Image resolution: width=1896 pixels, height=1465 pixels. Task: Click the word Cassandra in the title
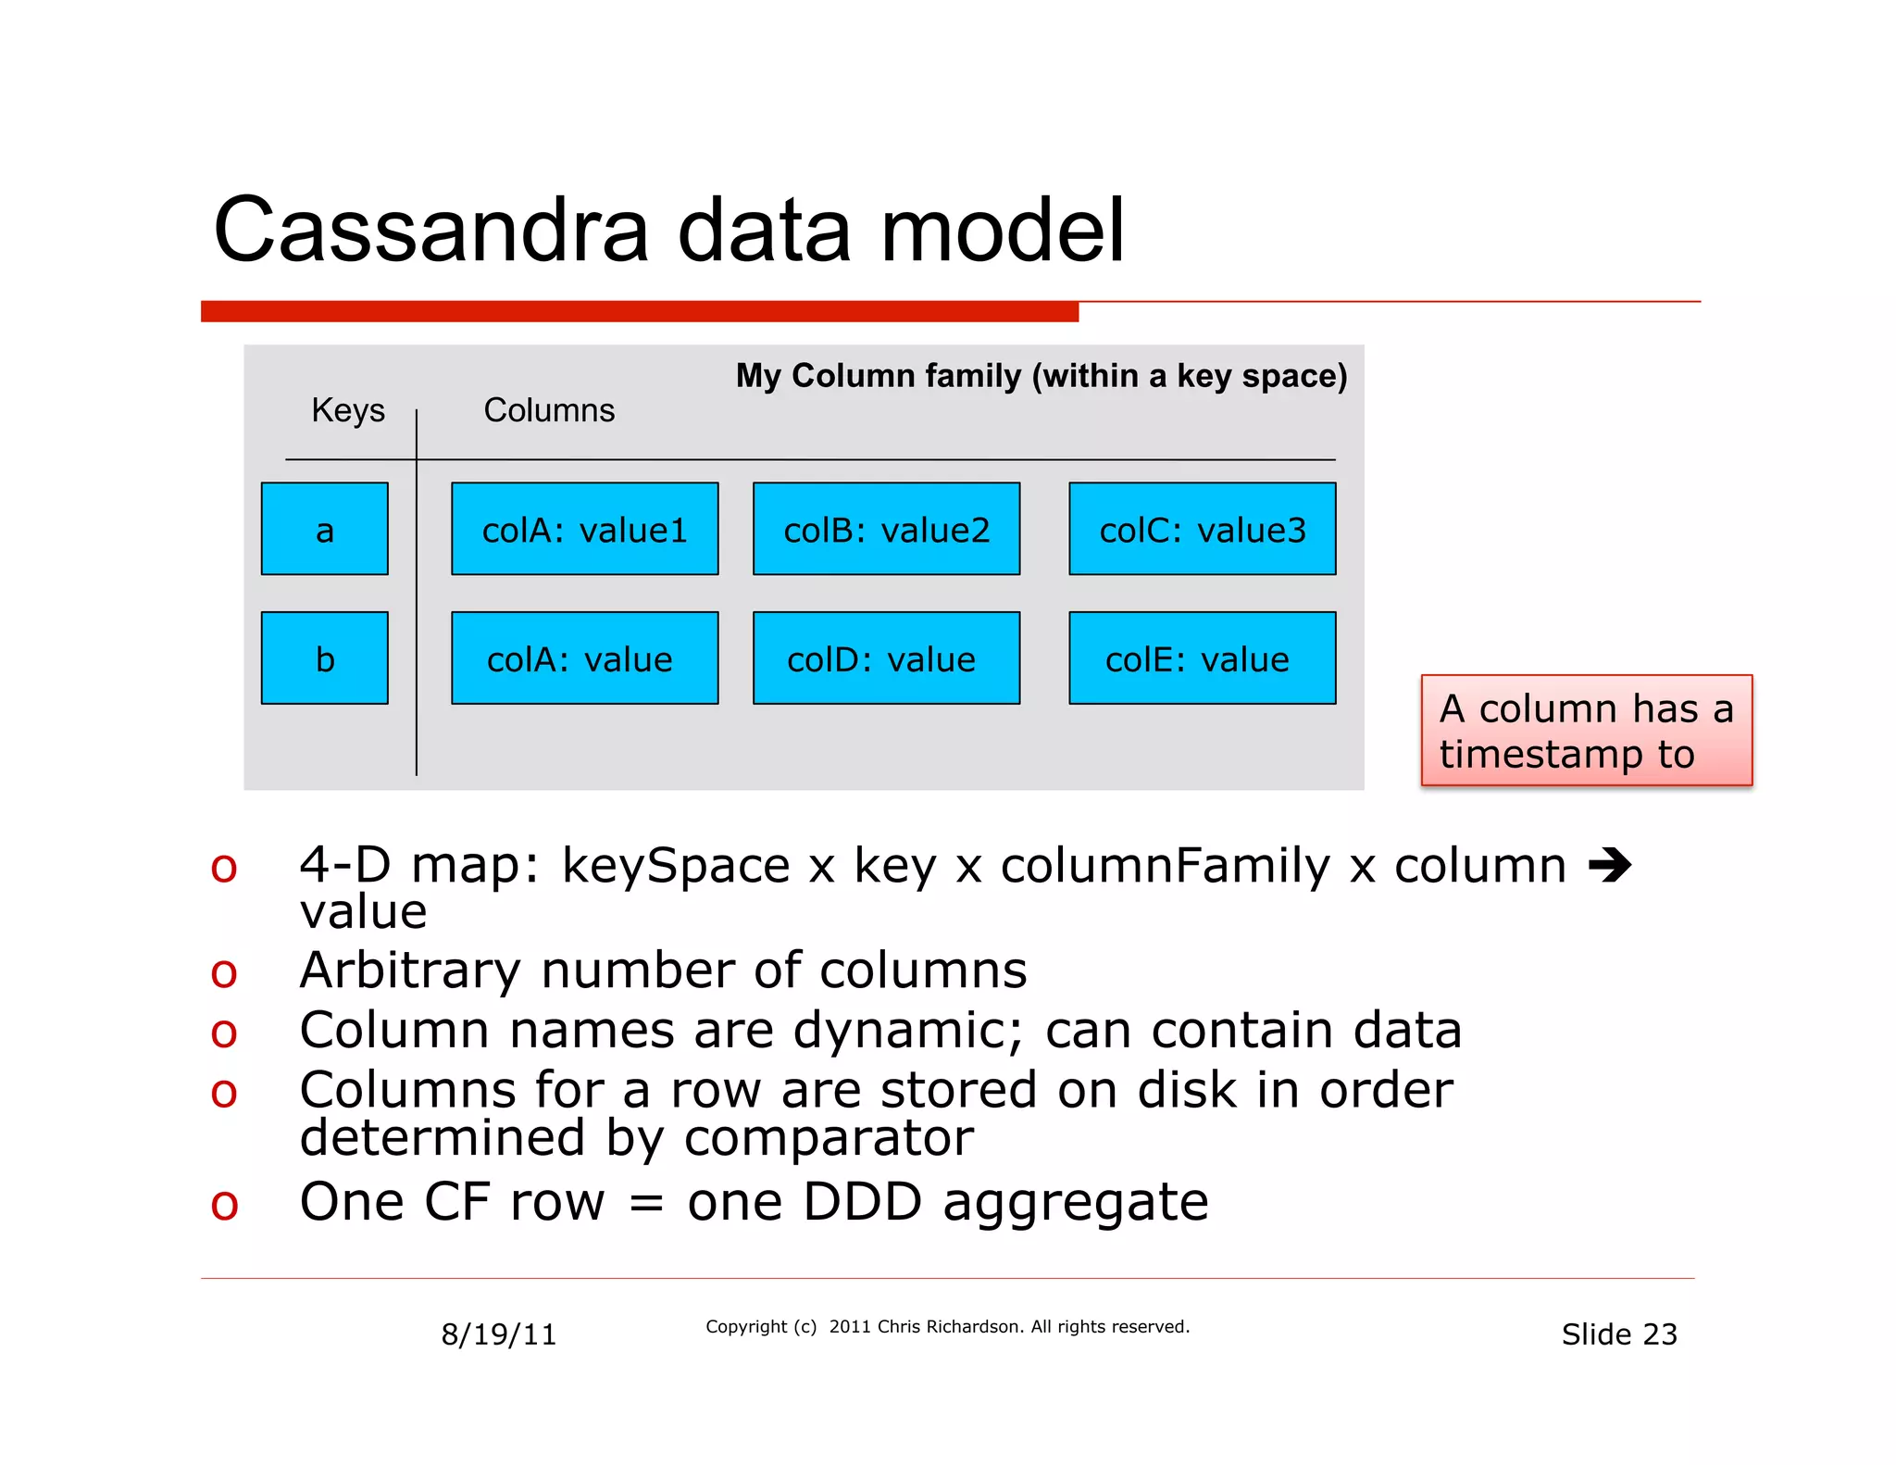click(430, 231)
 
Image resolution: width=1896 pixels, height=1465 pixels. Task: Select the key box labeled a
click(324, 529)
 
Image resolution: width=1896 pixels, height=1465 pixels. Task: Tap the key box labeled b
click(324, 658)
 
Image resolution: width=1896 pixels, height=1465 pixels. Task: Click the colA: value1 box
click(584, 529)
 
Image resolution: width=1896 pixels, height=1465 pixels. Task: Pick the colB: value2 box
click(886, 529)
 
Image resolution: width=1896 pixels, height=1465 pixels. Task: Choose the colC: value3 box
click(1202, 529)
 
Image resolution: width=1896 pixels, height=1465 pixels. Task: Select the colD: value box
click(886, 658)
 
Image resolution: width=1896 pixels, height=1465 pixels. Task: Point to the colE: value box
click(1202, 658)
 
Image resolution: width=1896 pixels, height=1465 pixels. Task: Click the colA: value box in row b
click(584, 658)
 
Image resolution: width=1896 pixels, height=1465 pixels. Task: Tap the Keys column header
click(347, 410)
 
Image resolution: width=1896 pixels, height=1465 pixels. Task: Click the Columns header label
click(549, 410)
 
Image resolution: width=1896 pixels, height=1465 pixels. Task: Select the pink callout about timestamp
click(1586, 731)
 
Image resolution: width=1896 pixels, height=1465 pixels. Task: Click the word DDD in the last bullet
click(862, 1202)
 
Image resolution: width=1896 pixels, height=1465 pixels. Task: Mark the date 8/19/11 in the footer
click(498, 1334)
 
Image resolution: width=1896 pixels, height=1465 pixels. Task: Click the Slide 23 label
click(1618, 1334)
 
